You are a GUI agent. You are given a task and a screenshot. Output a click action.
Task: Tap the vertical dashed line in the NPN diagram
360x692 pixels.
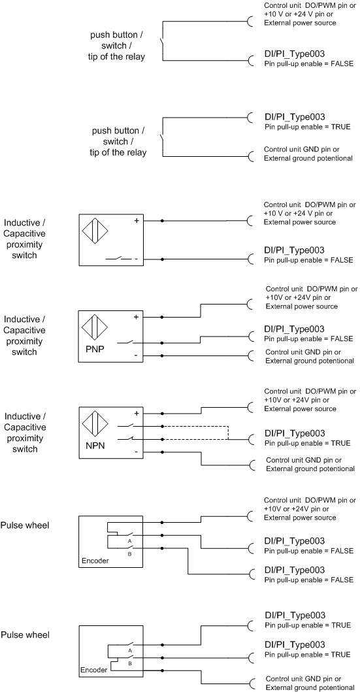click(228, 433)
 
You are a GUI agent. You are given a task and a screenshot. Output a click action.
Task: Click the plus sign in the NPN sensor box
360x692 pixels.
click(137, 414)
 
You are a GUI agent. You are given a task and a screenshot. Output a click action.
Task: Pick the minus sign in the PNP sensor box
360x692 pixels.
click(137, 355)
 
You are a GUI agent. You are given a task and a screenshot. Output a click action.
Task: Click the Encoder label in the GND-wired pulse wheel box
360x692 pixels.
click(93, 670)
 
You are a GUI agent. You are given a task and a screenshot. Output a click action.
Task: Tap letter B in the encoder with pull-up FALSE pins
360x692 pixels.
click(130, 553)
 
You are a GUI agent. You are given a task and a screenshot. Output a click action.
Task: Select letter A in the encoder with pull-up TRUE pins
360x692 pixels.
click(130, 651)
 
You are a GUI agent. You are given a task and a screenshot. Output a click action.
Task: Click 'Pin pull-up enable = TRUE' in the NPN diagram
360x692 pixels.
click(308, 443)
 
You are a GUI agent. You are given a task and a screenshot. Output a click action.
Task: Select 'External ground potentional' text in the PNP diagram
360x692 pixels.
click(310, 361)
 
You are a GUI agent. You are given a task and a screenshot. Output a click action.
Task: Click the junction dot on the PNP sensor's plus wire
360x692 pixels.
click(162, 318)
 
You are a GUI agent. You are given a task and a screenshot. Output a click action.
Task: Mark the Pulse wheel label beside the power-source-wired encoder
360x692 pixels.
click(25, 525)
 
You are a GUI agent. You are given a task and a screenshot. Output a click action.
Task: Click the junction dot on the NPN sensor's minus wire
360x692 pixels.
click(162, 452)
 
